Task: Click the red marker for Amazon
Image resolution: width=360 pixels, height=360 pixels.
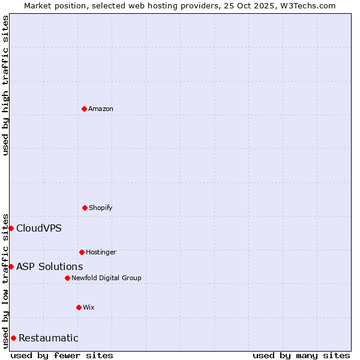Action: pyautogui.click(x=84, y=109)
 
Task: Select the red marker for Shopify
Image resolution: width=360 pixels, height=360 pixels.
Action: pyautogui.click(x=85, y=208)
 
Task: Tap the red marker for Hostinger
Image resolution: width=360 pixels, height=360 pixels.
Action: pyautogui.click(x=82, y=252)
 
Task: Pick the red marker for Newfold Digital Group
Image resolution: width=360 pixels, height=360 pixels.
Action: pyautogui.click(x=67, y=278)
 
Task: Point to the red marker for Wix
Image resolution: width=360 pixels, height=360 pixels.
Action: pyautogui.click(x=79, y=307)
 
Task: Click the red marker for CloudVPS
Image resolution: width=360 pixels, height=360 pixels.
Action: pyautogui.click(x=11, y=228)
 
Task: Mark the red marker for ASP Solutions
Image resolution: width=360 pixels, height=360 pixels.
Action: pyautogui.click(x=11, y=266)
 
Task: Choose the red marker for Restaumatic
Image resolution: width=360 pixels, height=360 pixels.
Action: pyautogui.click(x=13, y=338)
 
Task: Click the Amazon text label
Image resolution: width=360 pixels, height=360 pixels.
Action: pyautogui.click(x=101, y=109)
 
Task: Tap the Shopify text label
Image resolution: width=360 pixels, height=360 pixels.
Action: pyautogui.click(x=101, y=208)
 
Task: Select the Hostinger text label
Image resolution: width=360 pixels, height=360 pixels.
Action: pyautogui.click(x=101, y=252)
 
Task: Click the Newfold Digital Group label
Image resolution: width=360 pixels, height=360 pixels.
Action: pyautogui.click(x=106, y=278)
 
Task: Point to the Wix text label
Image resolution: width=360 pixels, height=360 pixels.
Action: pyautogui.click(x=89, y=307)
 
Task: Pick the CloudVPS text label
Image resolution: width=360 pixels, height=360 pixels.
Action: pyautogui.click(x=39, y=228)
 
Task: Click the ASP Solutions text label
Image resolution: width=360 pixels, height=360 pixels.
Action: pyautogui.click(x=50, y=266)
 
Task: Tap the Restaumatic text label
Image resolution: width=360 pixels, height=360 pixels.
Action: pyautogui.click(x=49, y=338)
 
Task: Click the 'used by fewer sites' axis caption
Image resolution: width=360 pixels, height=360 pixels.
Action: pyautogui.click(x=62, y=355)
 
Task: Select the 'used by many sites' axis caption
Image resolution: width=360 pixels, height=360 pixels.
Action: pyautogui.click(x=301, y=355)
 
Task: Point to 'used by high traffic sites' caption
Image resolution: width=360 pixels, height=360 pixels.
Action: pyautogui.click(x=5, y=85)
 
